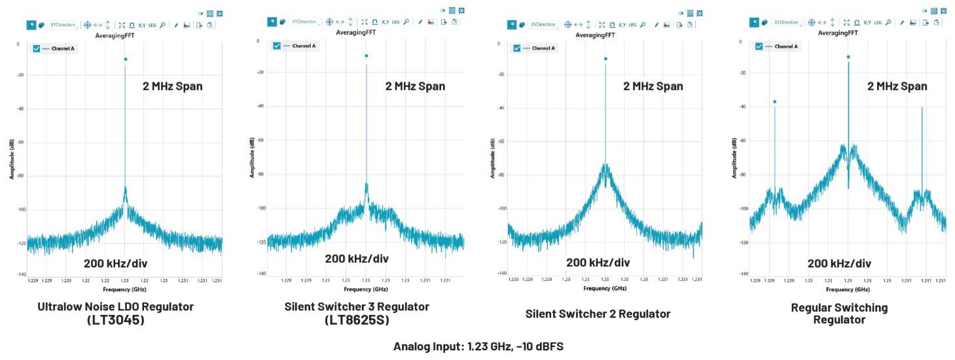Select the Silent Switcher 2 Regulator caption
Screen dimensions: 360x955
tap(598, 314)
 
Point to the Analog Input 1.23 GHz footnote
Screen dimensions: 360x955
tap(478, 346)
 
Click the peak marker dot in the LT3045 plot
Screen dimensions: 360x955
tap(125, 60)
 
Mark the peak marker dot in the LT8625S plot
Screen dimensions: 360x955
tap(367, 56)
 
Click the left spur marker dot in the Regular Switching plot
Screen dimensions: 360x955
tap(774, 102)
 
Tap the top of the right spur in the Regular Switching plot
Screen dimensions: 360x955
tap(922, 108)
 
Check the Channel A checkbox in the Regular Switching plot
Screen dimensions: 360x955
tap(759, 46)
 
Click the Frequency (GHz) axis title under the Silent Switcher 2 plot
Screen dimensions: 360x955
tap(605, 288)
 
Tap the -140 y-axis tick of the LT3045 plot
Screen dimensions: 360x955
tap(22, 275)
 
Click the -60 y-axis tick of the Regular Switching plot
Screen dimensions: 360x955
tap(742, 141)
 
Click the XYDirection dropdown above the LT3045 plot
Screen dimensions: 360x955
tap(63, 25)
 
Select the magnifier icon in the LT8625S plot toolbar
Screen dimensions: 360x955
tap(406, 22)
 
